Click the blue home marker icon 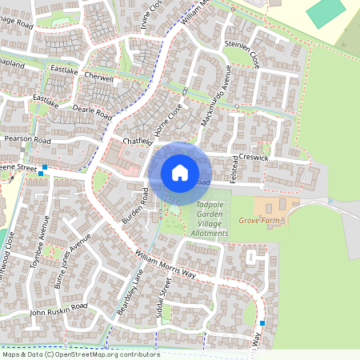pyautogui.click(x=180, y=172)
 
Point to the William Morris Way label pyautogui.click(x=166, y=264)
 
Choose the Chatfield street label pyautogui.click(x=136, y=142)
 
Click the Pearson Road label pyautogui.click(x=27, y=140)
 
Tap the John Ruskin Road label pyautogui.click(x=58, y=311)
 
